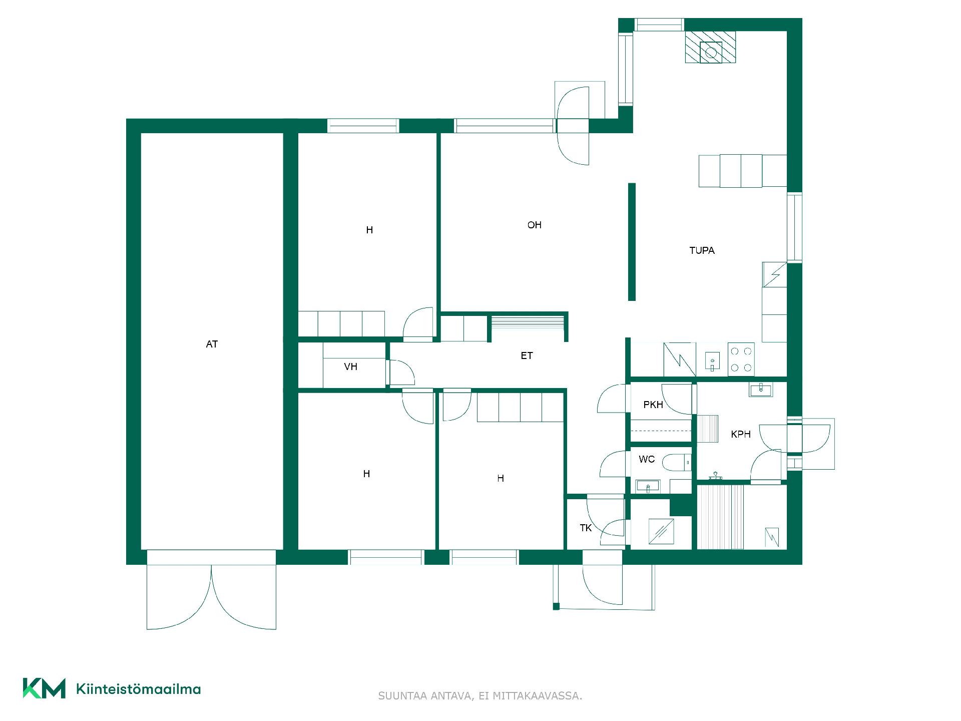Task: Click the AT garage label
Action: click(212, 344)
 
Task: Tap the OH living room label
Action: click(535, 225)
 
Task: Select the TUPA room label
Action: click(702, 250)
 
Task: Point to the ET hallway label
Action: click(527, 356)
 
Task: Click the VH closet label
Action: click(350, 367)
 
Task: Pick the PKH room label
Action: click(653, 405)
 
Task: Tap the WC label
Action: click(647, 459)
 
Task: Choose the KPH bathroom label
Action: click(741, 435)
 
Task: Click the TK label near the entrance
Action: click(586, 528)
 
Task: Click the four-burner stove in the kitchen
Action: click(741, 359)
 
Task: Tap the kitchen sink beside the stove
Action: click(712, 360)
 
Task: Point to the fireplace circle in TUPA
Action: click(711, 52)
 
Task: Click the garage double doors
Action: click(211, 590)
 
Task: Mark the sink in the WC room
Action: click(648, 486)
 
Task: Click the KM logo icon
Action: click(44, 688)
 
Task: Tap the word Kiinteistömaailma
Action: click(138, 689)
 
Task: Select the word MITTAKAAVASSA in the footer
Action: click(538, 696)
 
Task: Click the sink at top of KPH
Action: click(761, 389)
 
